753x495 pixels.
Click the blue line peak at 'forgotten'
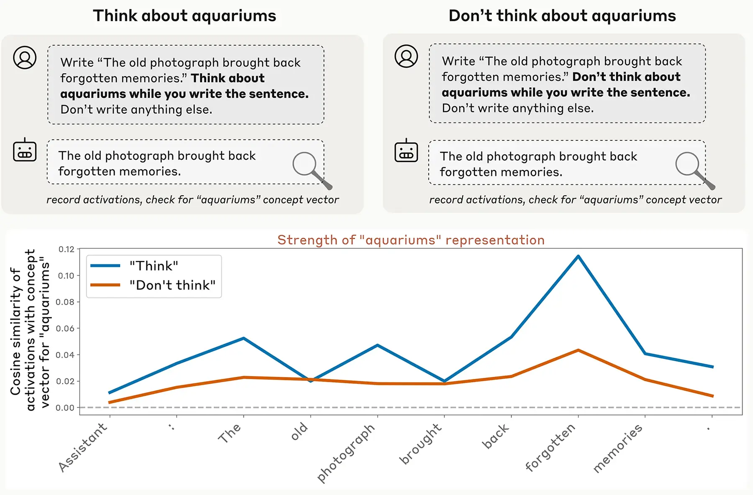(x=578, y=256)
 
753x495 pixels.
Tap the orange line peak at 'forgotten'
(x=578, y=350)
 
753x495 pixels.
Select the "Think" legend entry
(x=154, y=266)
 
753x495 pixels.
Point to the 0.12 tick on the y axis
(x=66, y=250)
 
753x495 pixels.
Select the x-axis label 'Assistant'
(x=83, y=447)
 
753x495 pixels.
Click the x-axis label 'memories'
(x=617, y=448)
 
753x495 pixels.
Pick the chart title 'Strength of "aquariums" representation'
(x=411, y=240)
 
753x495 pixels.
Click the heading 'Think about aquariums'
(x=184, y=16)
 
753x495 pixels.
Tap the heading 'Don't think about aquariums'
(x=562, y=16)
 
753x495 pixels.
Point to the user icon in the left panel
(x=25, y=57)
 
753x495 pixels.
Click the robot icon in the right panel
(x=406, y=151)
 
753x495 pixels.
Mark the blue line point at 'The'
(x=243, y=338)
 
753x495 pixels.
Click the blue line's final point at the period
(x=712, y=367)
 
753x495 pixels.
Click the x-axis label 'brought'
(x=420, y=444)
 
